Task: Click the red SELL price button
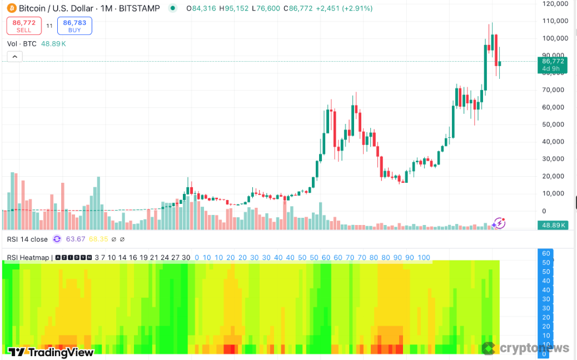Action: coord(24,26)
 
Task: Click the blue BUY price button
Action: coord(74,26)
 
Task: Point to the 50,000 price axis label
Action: coord(555,124)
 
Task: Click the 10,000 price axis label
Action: coord(555,193)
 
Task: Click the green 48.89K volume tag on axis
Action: coord(553,226)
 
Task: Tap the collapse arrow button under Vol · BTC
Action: coord(14,56)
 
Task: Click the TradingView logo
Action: coord(51,352)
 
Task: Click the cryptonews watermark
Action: coord(526,348)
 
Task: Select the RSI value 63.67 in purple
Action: coord(76,239)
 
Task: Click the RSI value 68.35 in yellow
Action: coord(98,239)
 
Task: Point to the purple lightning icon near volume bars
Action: coord(499,223)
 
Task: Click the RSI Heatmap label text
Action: coord(28,258)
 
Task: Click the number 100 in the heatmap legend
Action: coord(424,258)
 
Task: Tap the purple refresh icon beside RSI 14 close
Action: coord(57,239)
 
